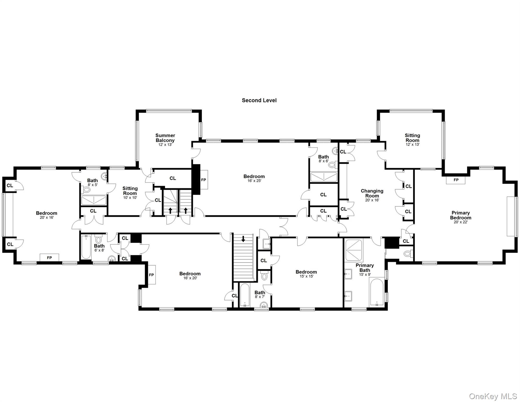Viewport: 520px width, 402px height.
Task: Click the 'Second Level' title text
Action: [x=259, y=100]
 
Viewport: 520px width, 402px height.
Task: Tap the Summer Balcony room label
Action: [x=165, y=138]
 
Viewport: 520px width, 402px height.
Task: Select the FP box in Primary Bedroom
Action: [x=456, y=180]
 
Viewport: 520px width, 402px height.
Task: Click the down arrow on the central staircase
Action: [x=243, y=239]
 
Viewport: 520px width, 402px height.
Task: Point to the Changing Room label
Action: [x=372, y=193]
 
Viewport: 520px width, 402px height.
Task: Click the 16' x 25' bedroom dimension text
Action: [x=254, y=181]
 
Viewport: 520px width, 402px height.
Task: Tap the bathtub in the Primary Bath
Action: [x=377, y=292]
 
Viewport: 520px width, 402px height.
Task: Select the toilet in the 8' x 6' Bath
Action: [x=332, y=165]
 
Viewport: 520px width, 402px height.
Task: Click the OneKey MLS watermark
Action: [x=493, y=396]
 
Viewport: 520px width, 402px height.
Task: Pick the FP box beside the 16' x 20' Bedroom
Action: [x=151, y=275]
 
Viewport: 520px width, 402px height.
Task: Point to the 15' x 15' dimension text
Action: [x=306, y=276]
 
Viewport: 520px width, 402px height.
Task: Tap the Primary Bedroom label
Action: [x=460, y=215]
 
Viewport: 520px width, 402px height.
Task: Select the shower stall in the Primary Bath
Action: [x=354, y=250]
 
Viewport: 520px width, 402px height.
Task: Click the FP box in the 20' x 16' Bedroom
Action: [x=49, y=258]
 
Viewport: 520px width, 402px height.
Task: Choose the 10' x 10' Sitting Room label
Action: [x=130, y=191]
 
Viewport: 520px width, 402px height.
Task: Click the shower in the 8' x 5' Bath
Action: [x=94, y=200]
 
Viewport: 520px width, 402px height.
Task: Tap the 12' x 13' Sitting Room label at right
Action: [x=412, y=138]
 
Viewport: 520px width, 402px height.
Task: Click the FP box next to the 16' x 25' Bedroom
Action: [x=204, y=180]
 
